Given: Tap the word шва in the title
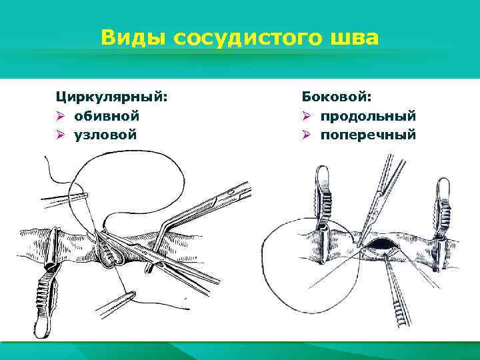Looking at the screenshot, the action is coord(354,38).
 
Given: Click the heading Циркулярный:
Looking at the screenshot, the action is coord(111,97).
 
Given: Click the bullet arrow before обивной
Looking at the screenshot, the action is coord(59,116).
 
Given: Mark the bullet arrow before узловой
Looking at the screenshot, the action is coord(59,135).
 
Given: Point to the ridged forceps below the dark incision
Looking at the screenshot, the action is coord(397,293).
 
